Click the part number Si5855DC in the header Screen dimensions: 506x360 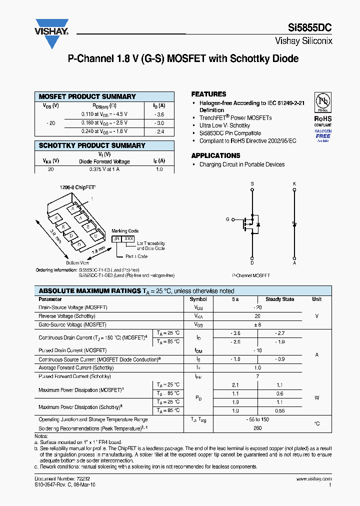310,28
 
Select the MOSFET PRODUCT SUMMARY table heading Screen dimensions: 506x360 87,96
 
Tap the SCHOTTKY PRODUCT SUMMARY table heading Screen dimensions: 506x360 92,145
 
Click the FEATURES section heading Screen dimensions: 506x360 208,94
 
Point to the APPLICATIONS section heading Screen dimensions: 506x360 215,155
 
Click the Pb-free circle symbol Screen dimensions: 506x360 322,102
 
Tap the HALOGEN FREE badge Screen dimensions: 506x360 322,134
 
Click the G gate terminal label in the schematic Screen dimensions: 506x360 227,219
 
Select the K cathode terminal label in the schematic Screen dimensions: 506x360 294,184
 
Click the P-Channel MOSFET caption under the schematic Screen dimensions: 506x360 251,275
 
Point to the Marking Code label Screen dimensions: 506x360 124,231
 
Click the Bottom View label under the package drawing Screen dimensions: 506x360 77,262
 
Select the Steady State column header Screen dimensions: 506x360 279,299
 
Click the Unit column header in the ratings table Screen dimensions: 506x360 317,299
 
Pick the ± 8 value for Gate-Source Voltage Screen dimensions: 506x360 257,324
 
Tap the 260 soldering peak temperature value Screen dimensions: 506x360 257,428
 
